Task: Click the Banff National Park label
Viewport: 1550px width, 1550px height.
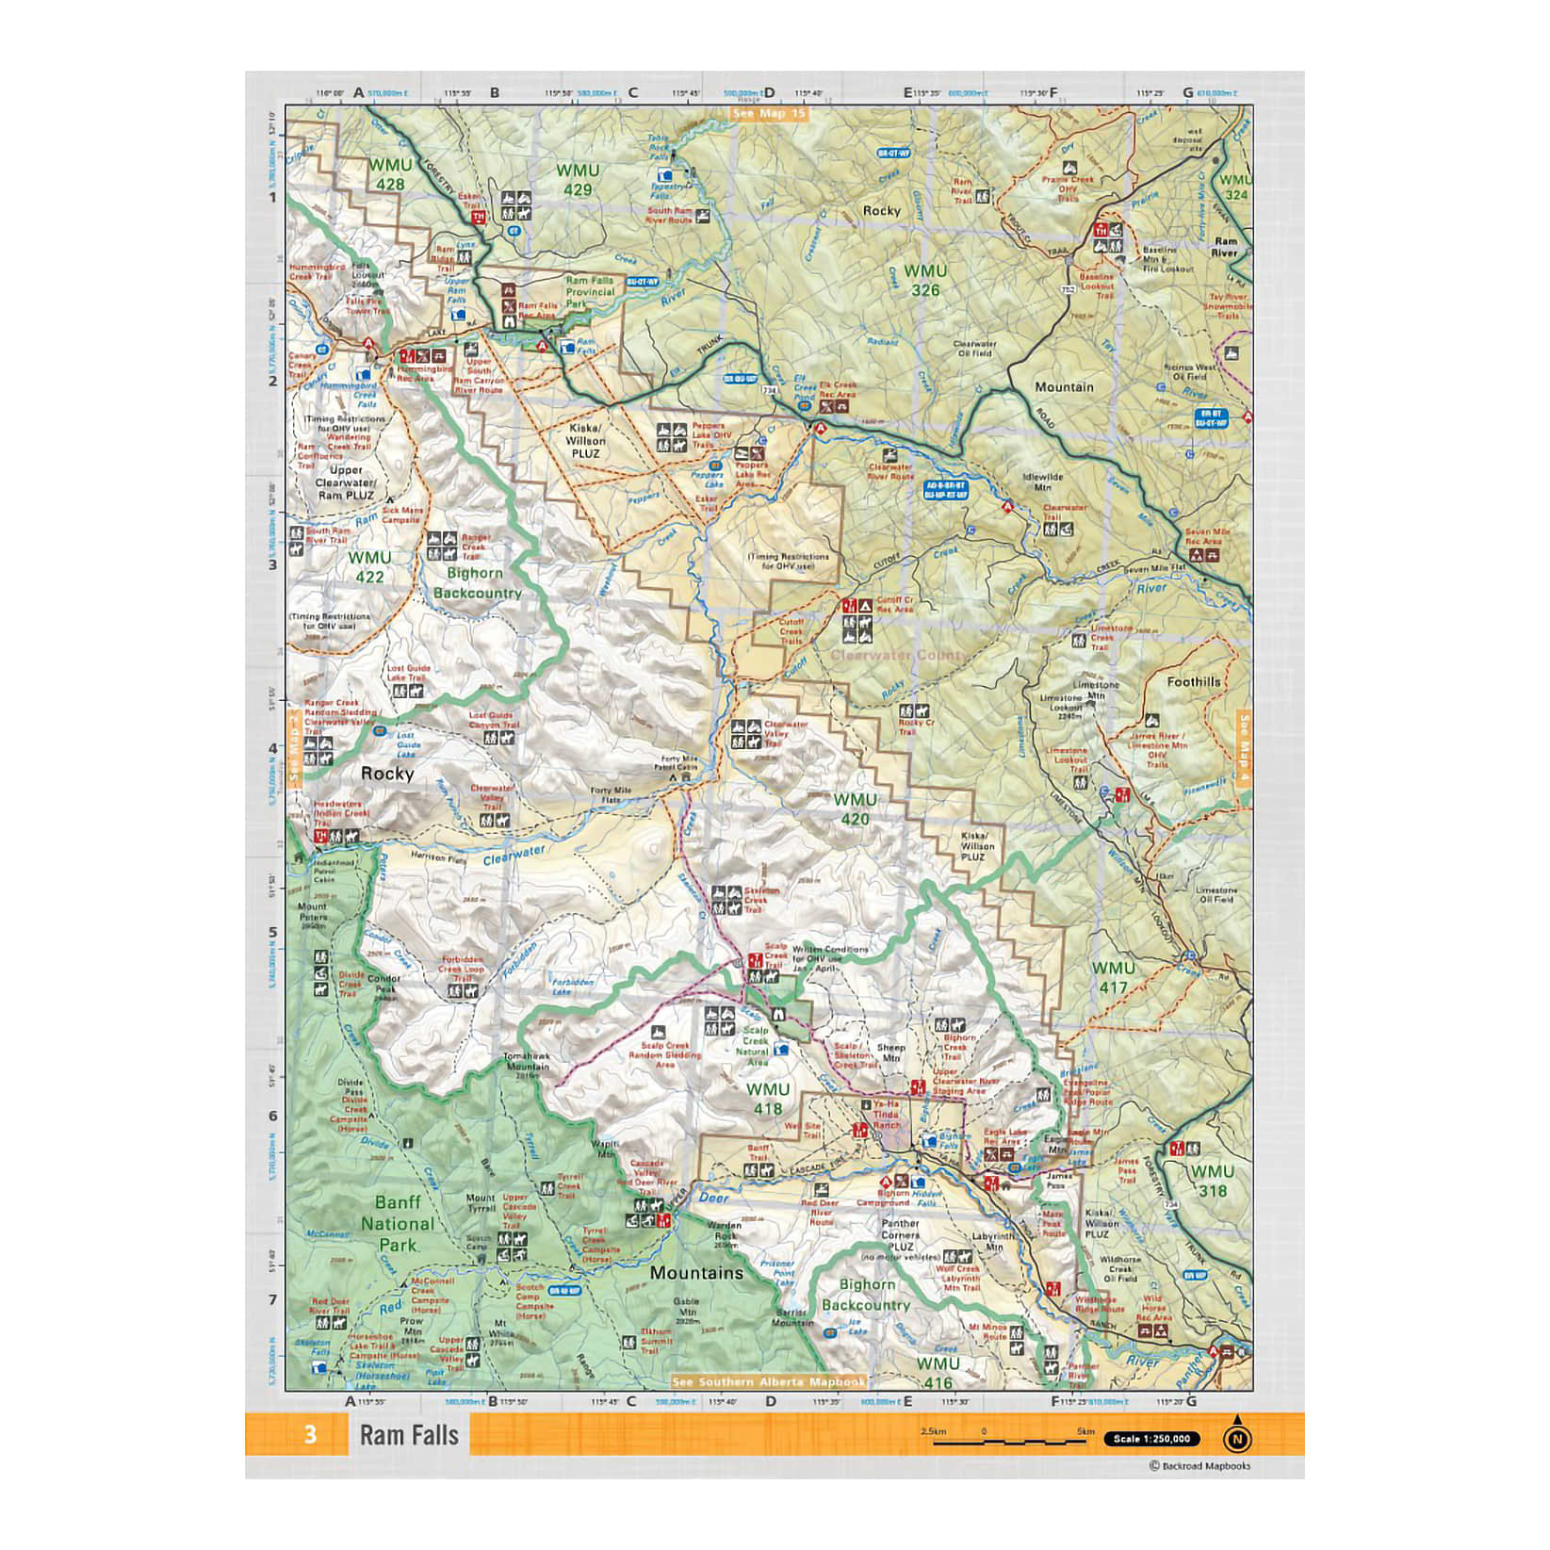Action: (398, 1223)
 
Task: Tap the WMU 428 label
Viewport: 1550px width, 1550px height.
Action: (389, 174)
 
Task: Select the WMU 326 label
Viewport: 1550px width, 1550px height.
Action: (924, 280)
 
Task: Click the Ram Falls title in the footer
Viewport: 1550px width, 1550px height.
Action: (409, 1435)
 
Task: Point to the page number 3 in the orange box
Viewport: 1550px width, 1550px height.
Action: (310, 1435)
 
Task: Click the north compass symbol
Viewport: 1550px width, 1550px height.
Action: (1237, 1439)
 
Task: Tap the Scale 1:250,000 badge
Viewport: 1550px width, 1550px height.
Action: (1154, 1439)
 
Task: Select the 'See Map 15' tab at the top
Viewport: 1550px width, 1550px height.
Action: (770, 114)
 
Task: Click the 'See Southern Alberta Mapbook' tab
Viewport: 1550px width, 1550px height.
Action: (768, 1381)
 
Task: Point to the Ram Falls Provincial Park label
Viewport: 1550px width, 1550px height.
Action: (589, 292)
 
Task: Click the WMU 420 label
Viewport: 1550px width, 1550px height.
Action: (855, 808)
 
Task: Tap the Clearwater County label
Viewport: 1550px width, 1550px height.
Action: (898, 655)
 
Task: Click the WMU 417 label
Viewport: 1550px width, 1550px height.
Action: (1113, 977)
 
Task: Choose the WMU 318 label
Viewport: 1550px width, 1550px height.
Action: (1212, 1181)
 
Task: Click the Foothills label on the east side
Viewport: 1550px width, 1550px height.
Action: (1193, 681)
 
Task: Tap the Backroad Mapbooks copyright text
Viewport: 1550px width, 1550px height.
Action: (1199, 1465)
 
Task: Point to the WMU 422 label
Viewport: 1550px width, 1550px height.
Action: (368, 566)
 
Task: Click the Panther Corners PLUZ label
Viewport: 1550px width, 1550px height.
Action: (900, 1234)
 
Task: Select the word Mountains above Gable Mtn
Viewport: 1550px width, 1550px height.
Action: (696, 1273)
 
